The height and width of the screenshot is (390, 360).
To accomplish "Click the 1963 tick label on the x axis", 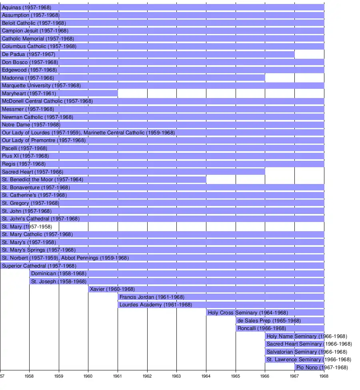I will pos(176,376).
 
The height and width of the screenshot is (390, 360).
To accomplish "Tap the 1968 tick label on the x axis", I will pos(324,376).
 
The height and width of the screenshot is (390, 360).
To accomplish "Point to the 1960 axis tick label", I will pos(88,376).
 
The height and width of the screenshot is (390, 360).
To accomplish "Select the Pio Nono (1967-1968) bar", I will pos(309,367).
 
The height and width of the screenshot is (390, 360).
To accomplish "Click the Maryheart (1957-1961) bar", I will pos(59,94).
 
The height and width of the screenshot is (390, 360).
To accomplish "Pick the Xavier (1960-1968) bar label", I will pos(112,289).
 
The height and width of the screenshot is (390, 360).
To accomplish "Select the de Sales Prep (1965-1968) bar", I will pos(280,320).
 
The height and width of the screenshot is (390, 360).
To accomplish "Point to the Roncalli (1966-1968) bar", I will pos(280,328).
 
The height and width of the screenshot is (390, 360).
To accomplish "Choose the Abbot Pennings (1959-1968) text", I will pos(95,258).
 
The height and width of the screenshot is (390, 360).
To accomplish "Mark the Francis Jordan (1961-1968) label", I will pos(152,297).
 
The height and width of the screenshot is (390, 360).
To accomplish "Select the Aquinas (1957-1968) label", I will pos(26,8).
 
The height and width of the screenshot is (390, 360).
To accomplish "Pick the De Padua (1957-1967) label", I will pos(28,54).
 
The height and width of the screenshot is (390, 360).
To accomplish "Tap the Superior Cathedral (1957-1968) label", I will pos(39,266).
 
